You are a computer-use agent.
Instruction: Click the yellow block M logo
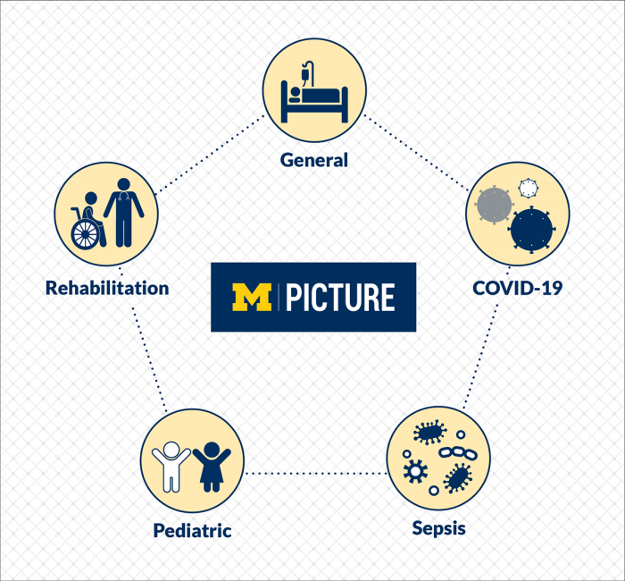click(x=252, y=298)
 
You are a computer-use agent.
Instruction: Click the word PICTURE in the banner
click(x=340, y=298)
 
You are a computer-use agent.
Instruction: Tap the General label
click(x=314, y=160)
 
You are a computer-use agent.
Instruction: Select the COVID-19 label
click(x=517, y=288)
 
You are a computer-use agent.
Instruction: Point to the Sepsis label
click(x=439, y=529)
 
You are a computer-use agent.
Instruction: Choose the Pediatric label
click(x=193, y=531)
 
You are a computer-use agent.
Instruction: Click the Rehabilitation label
click(x=107, y=288)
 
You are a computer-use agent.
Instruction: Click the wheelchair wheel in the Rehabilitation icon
click(x=85, y=234)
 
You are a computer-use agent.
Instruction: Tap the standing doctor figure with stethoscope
click(x=123, y=213)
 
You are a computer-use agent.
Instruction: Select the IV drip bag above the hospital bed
click(x=305, y=74)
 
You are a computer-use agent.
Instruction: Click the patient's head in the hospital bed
click(x=296, y=92)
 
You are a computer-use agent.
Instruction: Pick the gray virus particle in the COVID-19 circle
click(x=494, y=205)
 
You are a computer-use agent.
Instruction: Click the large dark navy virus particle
click(x=532, y=231)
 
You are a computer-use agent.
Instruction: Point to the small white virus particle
click(x=529, y=188)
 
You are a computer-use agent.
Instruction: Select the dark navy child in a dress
click(x=212, y=467)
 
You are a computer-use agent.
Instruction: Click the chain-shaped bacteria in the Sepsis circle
click(x=458, y=453)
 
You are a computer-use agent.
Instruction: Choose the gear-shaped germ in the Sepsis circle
click(x=415, y=472)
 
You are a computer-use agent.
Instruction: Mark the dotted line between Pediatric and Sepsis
click(x=316, y=473)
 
